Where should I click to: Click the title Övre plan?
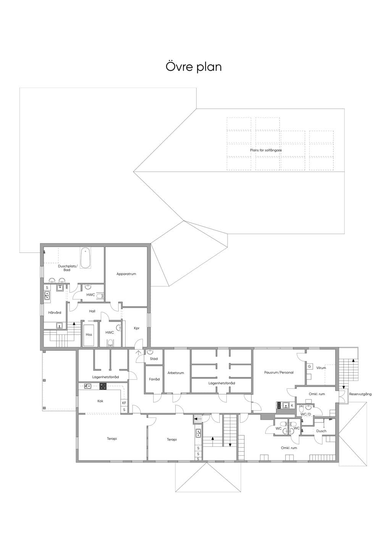point(194,67)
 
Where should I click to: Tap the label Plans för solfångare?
point(266,150)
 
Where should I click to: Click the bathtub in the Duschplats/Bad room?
point(86,258)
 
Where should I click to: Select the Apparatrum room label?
point(126,274)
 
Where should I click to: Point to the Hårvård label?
point(55,313)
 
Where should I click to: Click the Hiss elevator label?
point(89,334)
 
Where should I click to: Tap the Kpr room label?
point(136,328)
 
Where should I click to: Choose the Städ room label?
point(153,359)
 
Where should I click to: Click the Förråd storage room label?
point(154,379)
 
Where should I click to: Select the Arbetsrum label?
point(176,373)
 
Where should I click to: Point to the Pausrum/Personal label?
point(279,372)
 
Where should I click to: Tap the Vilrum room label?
point(321,367)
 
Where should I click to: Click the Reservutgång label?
point(360,394)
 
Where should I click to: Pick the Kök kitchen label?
point(100,401)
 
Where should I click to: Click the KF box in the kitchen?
point(124,403)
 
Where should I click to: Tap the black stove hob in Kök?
point(103,386)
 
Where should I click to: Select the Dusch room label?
point(321,431)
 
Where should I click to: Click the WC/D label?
point(305,414)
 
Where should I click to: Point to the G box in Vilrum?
point(309,366)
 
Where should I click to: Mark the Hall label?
point(92,311)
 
